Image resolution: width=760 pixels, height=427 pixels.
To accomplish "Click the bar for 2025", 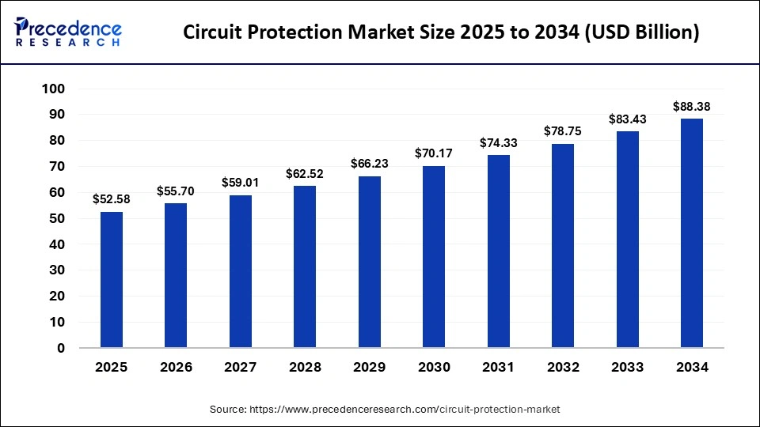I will point(112,280).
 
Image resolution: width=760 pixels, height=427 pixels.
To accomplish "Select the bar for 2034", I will point(692,233).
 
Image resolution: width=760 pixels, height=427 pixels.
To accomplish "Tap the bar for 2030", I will point(434,257).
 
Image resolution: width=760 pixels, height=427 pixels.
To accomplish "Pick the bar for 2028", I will point(305,266).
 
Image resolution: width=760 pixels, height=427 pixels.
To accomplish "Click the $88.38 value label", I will point(692,106).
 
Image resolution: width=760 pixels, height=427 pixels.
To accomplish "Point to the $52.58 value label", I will point(112,198).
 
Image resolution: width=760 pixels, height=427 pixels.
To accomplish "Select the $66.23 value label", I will point(370,164).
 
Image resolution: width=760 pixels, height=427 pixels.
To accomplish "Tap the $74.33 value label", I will point(499,142).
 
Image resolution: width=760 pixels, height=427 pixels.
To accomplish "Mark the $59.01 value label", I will point(241,182).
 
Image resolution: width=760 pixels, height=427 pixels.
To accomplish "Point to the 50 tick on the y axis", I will point(55,218).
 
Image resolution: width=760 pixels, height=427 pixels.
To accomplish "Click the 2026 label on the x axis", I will point(176,368).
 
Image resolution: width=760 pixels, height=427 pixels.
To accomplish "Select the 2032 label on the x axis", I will point(563,368).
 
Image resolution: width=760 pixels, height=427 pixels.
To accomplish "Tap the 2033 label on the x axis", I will point(628,368).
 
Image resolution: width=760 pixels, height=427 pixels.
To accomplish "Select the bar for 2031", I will point(499,251).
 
